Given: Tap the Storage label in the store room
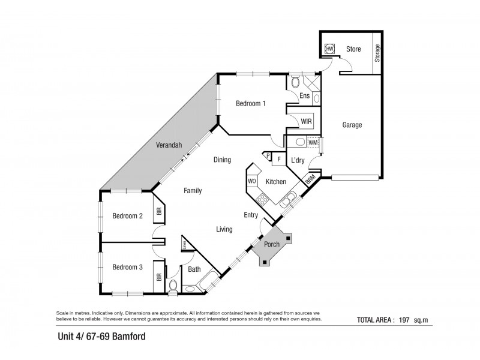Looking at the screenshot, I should (377, 53).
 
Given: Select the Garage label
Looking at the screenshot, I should (352, 125).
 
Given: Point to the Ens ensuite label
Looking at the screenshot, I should (304, 96).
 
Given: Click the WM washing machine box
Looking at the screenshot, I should (312, 142).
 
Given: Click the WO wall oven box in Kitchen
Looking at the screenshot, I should (253, 180).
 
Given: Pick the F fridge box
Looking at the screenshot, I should (278, 159).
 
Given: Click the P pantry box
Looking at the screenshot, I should (268, 156).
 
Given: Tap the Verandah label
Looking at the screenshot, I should (169, 145).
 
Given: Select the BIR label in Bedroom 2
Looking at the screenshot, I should (159, 211).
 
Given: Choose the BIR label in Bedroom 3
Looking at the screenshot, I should (159, 277).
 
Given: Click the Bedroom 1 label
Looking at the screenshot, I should (250, 103).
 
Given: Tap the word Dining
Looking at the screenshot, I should (223, 160).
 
